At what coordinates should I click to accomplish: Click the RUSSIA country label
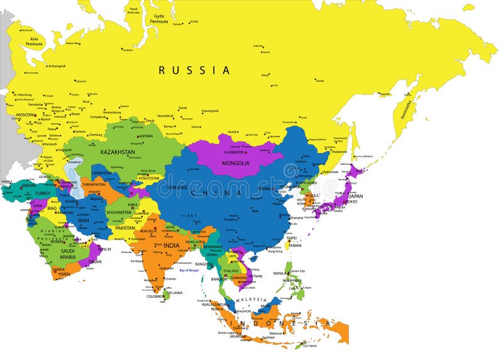click(x=194, y=70)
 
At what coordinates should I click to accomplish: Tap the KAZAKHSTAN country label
click(x=118, y=152)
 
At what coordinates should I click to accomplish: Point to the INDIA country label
click(x=172, y=245)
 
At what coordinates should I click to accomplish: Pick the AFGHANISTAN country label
click(x=119, y=213)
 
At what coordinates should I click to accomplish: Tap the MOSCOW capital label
click(x=26, y=115)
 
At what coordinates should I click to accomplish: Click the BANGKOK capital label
click(x=219, y=279)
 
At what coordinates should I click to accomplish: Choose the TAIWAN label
click(x=294, y=245)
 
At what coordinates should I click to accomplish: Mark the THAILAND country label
click(x=231, y=271)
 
